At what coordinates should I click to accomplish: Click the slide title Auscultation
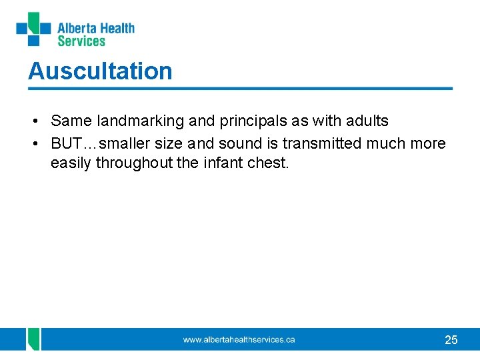click(x=100, y=71)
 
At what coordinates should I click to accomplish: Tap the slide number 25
click(x=451, y=340)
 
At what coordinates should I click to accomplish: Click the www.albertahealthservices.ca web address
click(x=239, y=340)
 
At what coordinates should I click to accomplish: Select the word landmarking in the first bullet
click(x=131, y=121)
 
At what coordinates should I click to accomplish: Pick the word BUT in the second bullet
click(x=64, y=143)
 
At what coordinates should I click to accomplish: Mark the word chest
click(x=270, y=162)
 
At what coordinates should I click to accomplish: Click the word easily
click(x=71, y=163)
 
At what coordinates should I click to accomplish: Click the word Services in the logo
click(x=81, y=41)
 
